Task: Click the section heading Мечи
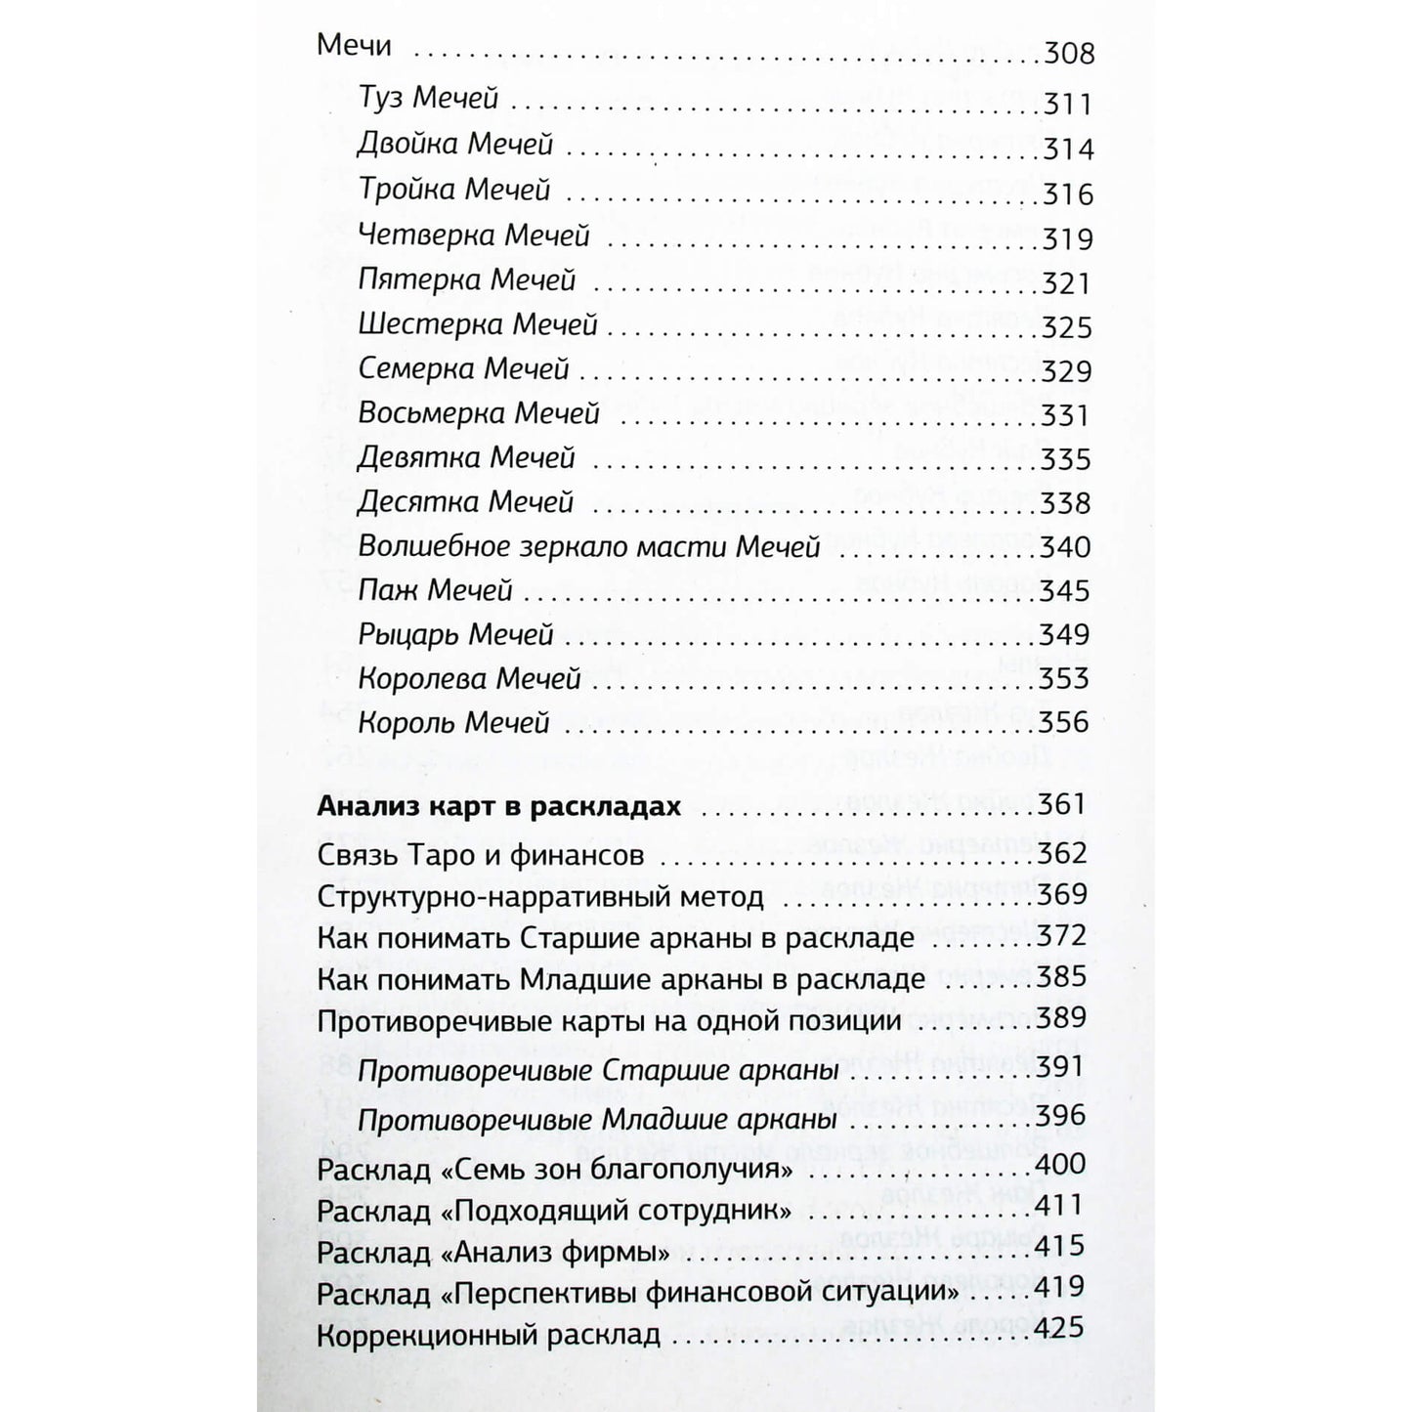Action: pos(354,46)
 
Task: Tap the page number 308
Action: pos(1068,53)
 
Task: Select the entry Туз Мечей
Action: pos(428,98)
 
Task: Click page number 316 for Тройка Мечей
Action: pos(1067,194)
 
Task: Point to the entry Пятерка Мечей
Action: pos(467,280)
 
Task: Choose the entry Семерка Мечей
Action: pos(463,369)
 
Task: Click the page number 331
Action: pos(1065,415)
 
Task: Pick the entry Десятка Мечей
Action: pos(465,502)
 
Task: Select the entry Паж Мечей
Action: pos(435,590)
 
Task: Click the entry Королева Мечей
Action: pos(469,678)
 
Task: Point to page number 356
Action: pos(1065,722)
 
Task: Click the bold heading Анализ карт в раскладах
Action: pos(498,808)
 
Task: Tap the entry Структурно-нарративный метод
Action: pos(540,897)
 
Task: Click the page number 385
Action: pos(1062,977)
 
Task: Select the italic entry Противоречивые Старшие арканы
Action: pos(599,1071)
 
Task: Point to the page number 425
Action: pos(1062,1329)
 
